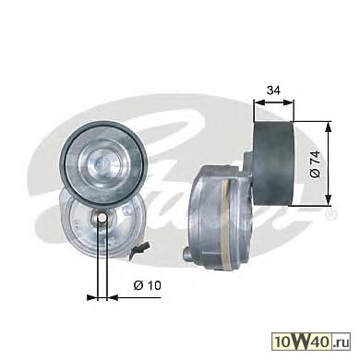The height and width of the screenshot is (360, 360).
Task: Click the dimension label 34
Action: (x=273, y=90)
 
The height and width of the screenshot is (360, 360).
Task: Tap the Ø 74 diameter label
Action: (x=316, y=163)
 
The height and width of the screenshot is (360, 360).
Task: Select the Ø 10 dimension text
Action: (x=147, y=285)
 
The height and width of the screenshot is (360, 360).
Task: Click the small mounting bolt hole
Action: (x=102, y=218)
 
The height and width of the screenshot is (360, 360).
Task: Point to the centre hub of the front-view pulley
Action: (x=102, y=162)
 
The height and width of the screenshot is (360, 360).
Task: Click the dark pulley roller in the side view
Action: (x=273, y=163)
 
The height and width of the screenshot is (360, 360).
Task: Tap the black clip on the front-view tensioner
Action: (x=139, y=247)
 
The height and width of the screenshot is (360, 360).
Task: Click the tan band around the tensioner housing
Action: (x=228, y=223)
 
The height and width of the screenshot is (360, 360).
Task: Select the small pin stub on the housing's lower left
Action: (x=187, y=253)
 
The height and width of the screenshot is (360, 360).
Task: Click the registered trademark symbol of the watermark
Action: (x=332, y=212)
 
